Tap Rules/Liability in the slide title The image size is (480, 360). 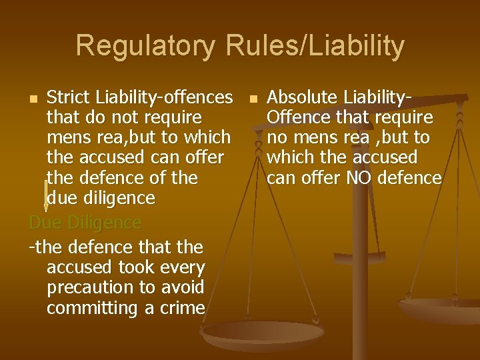315,46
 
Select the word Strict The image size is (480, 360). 69,97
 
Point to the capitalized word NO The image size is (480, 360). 361,178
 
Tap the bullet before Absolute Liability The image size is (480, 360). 253,99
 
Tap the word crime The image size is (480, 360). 182,308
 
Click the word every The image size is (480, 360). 182,267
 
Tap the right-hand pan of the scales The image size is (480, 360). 440,310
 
